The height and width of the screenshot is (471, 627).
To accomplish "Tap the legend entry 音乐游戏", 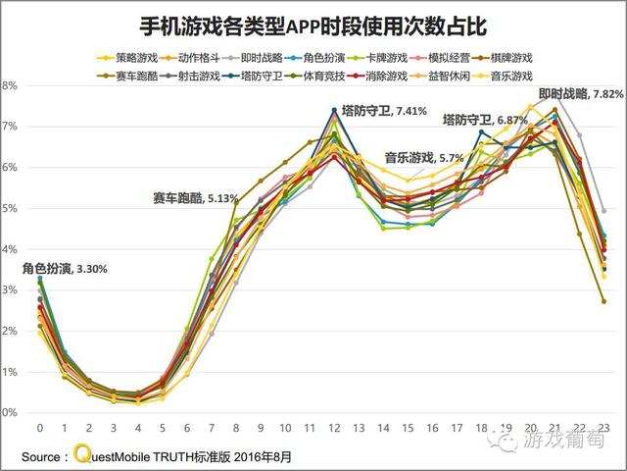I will [509, 75].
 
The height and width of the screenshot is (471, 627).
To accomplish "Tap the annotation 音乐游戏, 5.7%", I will [423, 157].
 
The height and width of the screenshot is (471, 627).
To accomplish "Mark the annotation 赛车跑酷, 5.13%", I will [195, 197].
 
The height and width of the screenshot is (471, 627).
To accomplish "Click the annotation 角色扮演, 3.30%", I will [64, 268].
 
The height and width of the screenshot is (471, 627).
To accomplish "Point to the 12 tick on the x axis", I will [334, 429].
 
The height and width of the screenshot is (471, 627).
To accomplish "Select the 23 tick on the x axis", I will [603, 429].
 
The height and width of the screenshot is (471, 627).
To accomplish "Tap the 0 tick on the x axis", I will [40, 429].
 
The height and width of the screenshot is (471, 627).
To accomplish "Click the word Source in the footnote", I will [44, 456].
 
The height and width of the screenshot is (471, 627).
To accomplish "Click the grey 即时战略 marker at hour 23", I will [603, 211].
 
